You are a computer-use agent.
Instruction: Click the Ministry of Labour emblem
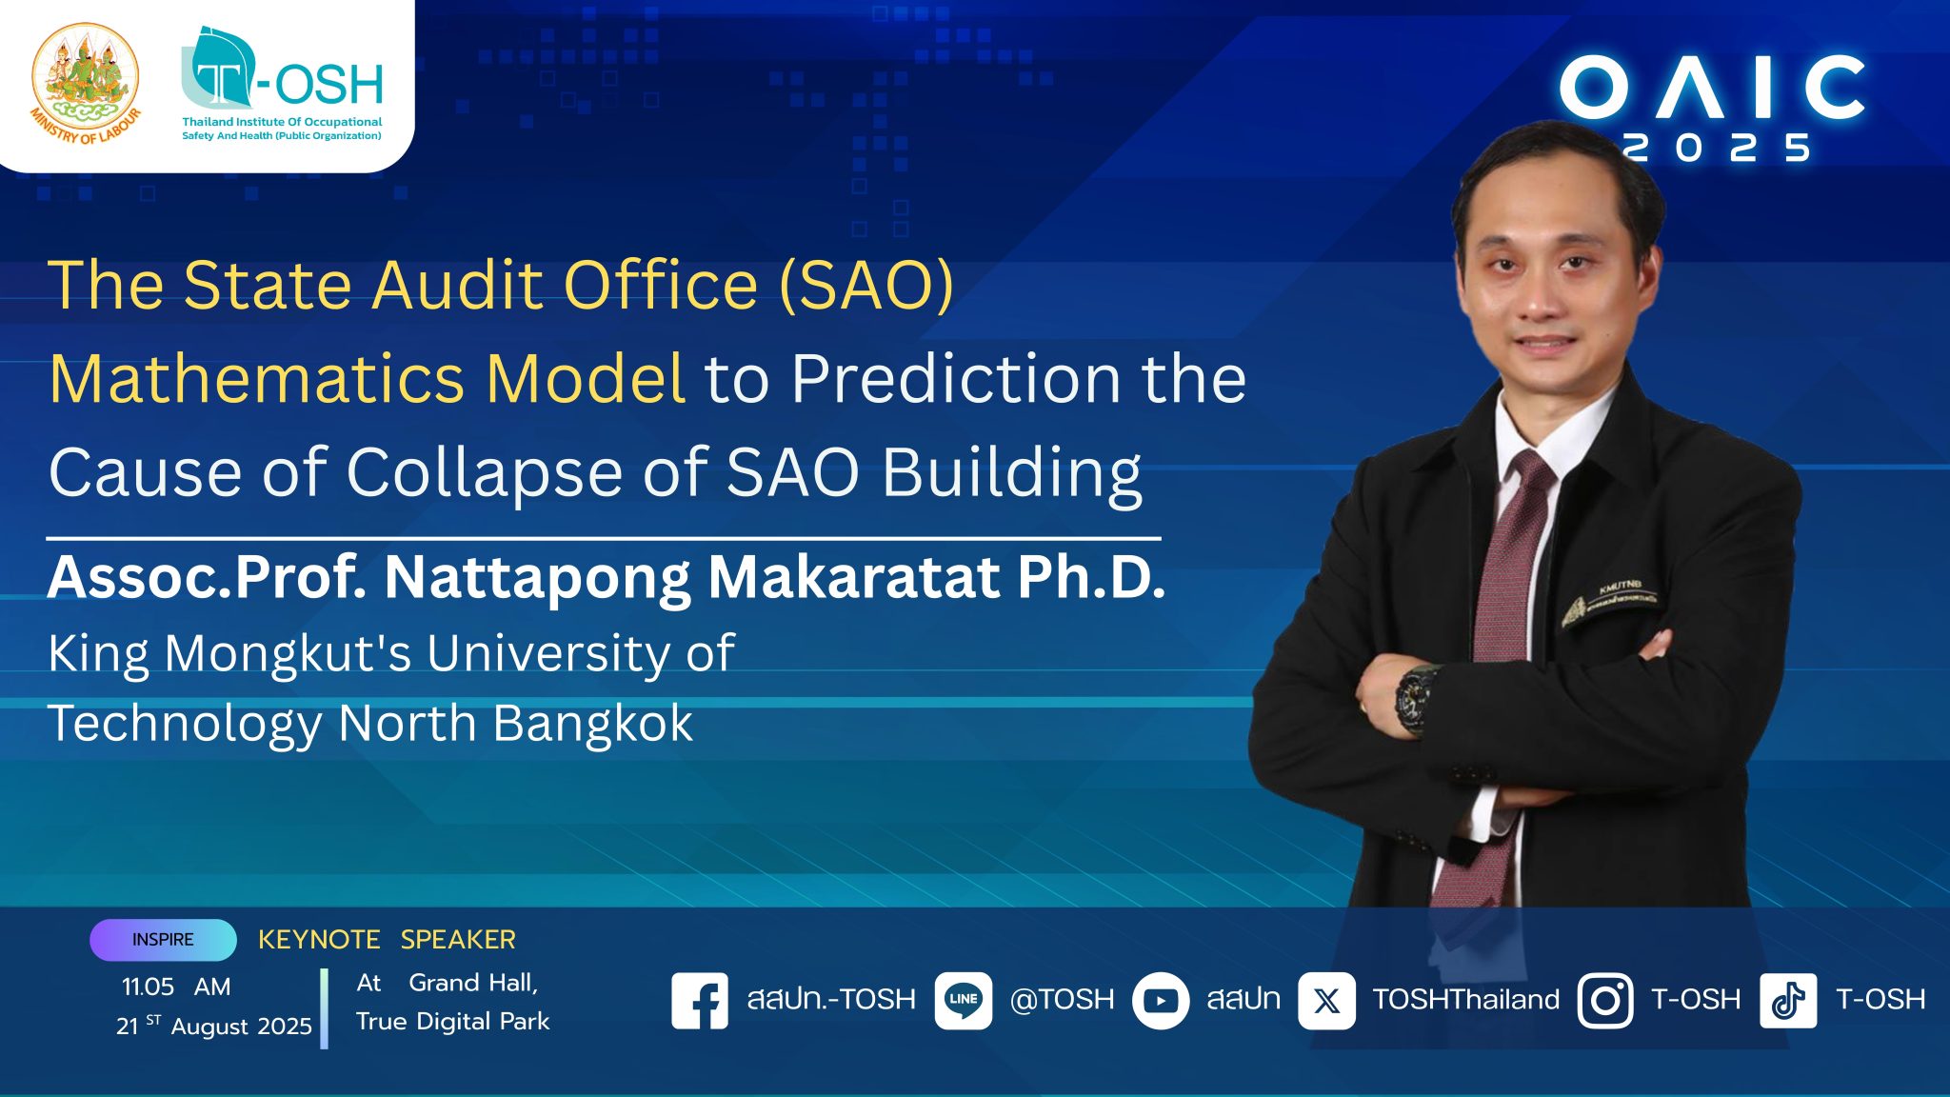86,84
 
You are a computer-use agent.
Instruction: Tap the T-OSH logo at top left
282,84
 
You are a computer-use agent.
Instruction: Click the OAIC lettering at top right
1712,88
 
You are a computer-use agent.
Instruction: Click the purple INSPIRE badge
163,940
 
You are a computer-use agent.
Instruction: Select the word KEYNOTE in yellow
319,940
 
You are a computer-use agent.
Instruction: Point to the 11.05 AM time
176,987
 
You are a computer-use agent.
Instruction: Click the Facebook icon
700,1001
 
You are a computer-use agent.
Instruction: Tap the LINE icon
964,1001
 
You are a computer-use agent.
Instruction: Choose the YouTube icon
1161,1001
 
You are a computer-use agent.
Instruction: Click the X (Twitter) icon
1326,1001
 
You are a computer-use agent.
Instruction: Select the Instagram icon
1605,1001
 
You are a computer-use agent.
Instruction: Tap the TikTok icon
1788,1001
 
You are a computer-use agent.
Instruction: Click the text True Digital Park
452,1022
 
